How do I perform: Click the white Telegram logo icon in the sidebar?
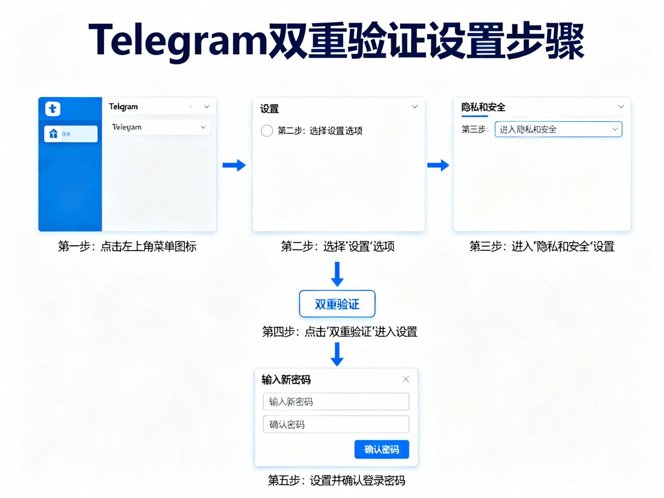pyautogui.click(x=53, y=109)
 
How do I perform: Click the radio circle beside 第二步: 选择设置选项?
pyautogui.click(x=267, y=131)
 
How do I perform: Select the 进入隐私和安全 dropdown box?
pyautogui.click(x=558, y=129)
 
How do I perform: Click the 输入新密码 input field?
pyautogui.click(x=336, y=402)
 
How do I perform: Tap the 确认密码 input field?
pyautogui.click(x=336, y=424)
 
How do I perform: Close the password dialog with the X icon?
pyautogui.click(x=406, y=379)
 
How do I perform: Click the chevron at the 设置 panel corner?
pyautogui.click(x=414, y=107)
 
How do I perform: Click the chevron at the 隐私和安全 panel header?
pyautogui.click(x=621, y=107)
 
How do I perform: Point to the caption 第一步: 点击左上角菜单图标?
pyautogui.click(x=127, y=247)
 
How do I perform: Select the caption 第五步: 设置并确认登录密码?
pyautogui.click(x=336, y=480)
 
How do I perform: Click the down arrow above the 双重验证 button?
pyautogui.click(x=336, y=274)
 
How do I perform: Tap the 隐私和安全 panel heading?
pyautogui.click(x=483, y=107)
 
